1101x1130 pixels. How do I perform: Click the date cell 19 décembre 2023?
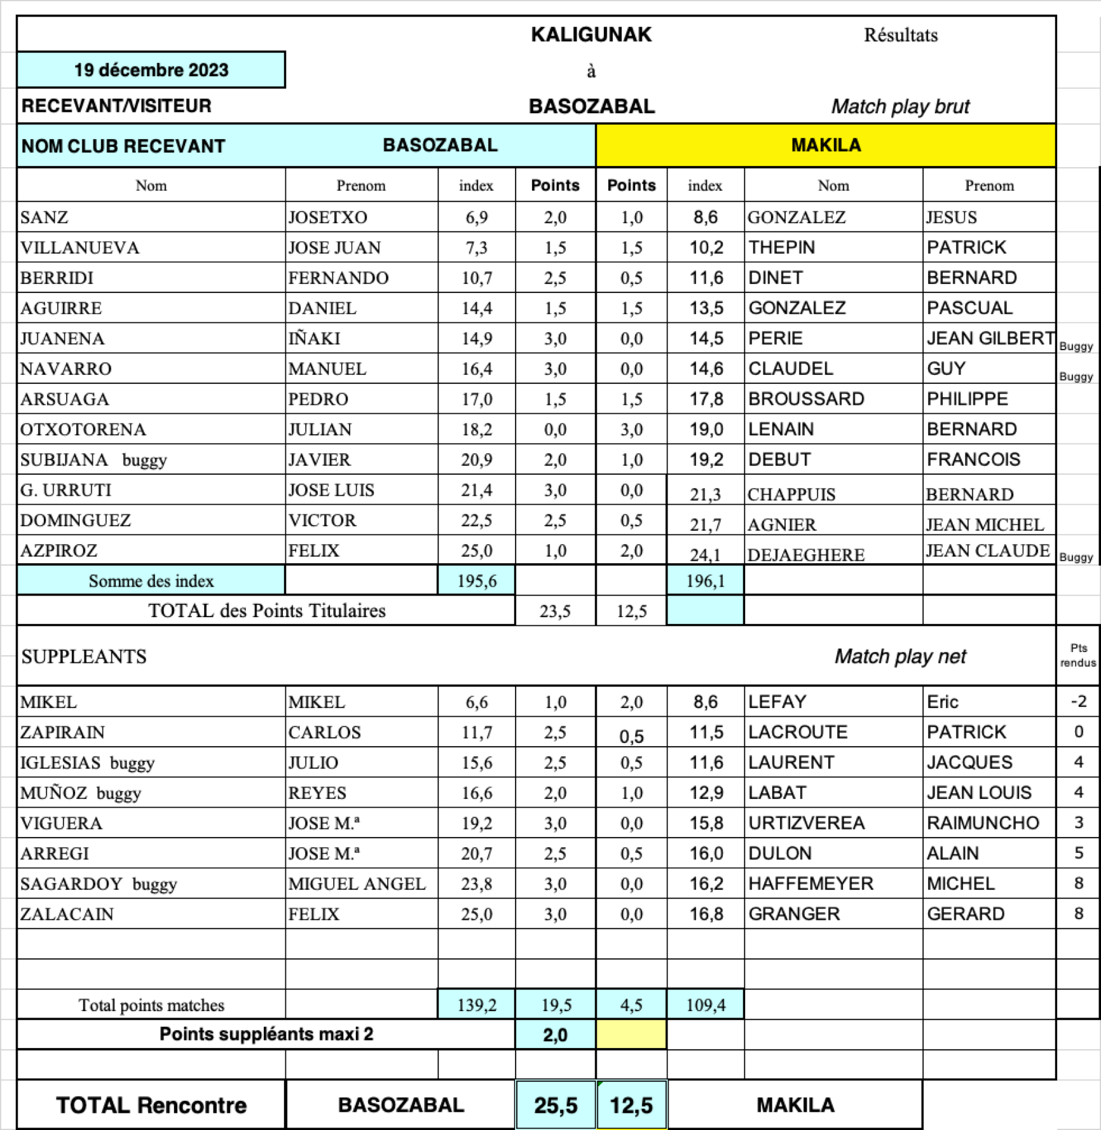[151, 70]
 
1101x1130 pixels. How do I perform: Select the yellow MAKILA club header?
[826, 146]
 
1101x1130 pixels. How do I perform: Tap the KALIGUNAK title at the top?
[591, 34]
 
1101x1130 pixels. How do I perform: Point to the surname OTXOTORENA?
[83, 430]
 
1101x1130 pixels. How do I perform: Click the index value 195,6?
[476, 581]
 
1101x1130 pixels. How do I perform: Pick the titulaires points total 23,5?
[555, 611]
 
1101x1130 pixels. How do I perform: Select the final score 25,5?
[556, 1105]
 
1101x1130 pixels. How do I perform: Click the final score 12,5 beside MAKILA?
[631, 1105]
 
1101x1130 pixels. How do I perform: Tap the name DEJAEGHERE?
[806, 555]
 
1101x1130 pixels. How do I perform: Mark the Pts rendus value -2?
[1078, 701]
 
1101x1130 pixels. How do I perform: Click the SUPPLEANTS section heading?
[84, 657]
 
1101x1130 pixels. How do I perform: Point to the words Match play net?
[900, 656]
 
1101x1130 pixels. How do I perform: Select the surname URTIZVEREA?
[807, 823]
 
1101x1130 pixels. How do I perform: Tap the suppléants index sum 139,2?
[476, 1005]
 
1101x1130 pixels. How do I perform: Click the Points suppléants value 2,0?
[555, 1035]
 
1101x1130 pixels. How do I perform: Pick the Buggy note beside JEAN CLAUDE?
[1076, 557]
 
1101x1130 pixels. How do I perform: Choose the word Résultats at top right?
[901, 35]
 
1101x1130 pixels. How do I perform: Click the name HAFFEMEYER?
[811, 883]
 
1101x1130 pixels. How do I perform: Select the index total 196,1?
[705, 581]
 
